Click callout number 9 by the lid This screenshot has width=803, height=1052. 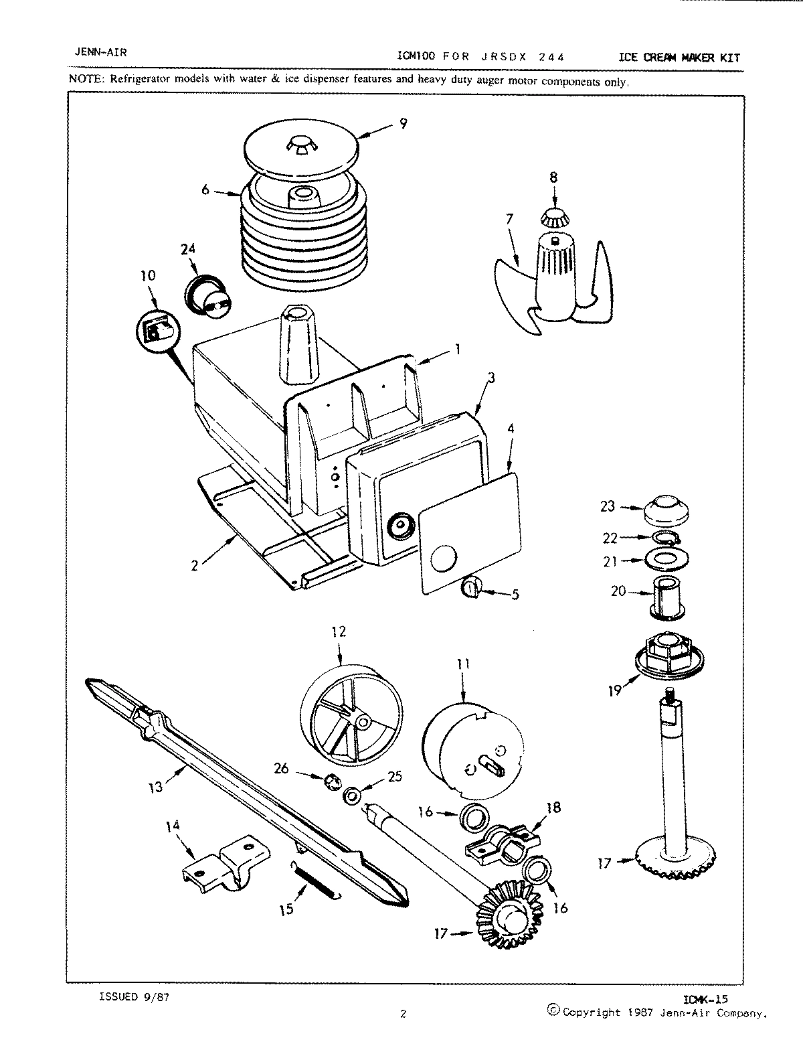click(x=403, y=123)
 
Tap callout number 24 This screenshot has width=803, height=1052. click(x=189, y=249)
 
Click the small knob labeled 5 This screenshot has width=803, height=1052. click(x=471, y=588)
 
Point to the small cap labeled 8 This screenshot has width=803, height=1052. click(x=553, y=217)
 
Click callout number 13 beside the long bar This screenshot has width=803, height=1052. click(x=155, y=787)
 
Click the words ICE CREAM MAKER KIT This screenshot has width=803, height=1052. click(x=679, y=58)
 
